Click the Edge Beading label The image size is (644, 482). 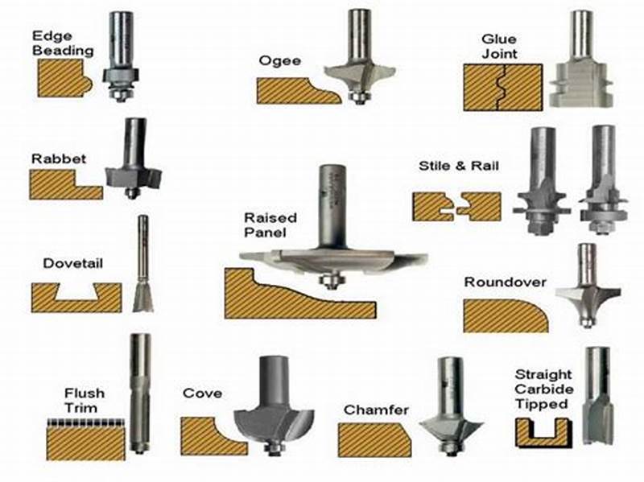63,43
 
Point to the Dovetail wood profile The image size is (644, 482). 76,298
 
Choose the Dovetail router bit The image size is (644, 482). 142,266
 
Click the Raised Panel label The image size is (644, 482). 270,225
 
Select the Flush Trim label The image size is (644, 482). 84,400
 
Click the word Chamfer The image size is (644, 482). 376,410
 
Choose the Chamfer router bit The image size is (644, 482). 451,410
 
